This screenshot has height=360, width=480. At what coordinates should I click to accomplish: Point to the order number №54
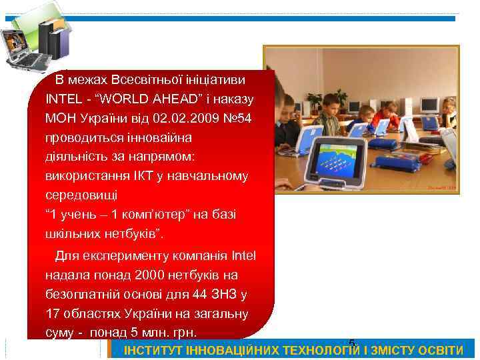coord(237,118)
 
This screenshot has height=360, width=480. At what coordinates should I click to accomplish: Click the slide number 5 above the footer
coord(352,343)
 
